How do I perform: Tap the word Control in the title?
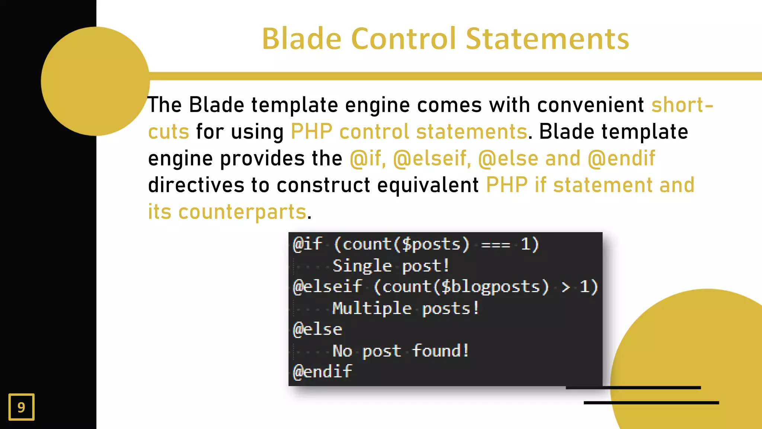point(403,39)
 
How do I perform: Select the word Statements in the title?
point(547,39)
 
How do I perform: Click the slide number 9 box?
point(22,407)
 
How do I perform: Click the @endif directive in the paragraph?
point(621,158)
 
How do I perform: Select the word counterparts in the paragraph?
point(242,212)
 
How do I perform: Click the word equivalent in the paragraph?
point(428,185)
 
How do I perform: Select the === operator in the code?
point(495,245)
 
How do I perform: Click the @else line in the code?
point(317,330)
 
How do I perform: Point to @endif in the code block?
point(322,372)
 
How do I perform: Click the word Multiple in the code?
point(372,308)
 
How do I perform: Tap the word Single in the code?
point(362,266)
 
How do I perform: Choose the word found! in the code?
point(441,351)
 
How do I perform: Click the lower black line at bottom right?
point(651,403)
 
